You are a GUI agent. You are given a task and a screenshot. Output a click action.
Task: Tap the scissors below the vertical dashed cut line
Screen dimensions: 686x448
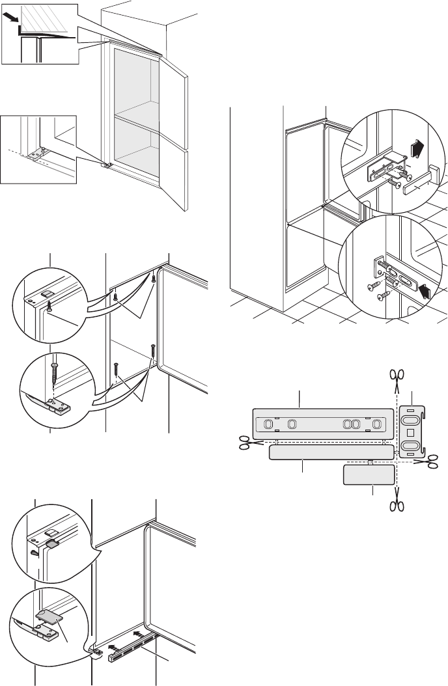[397, 506]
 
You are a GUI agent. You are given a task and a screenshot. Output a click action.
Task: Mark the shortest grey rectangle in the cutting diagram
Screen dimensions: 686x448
[369, 475]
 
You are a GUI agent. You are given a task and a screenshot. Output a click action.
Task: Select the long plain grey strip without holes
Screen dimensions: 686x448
[331, 452]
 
